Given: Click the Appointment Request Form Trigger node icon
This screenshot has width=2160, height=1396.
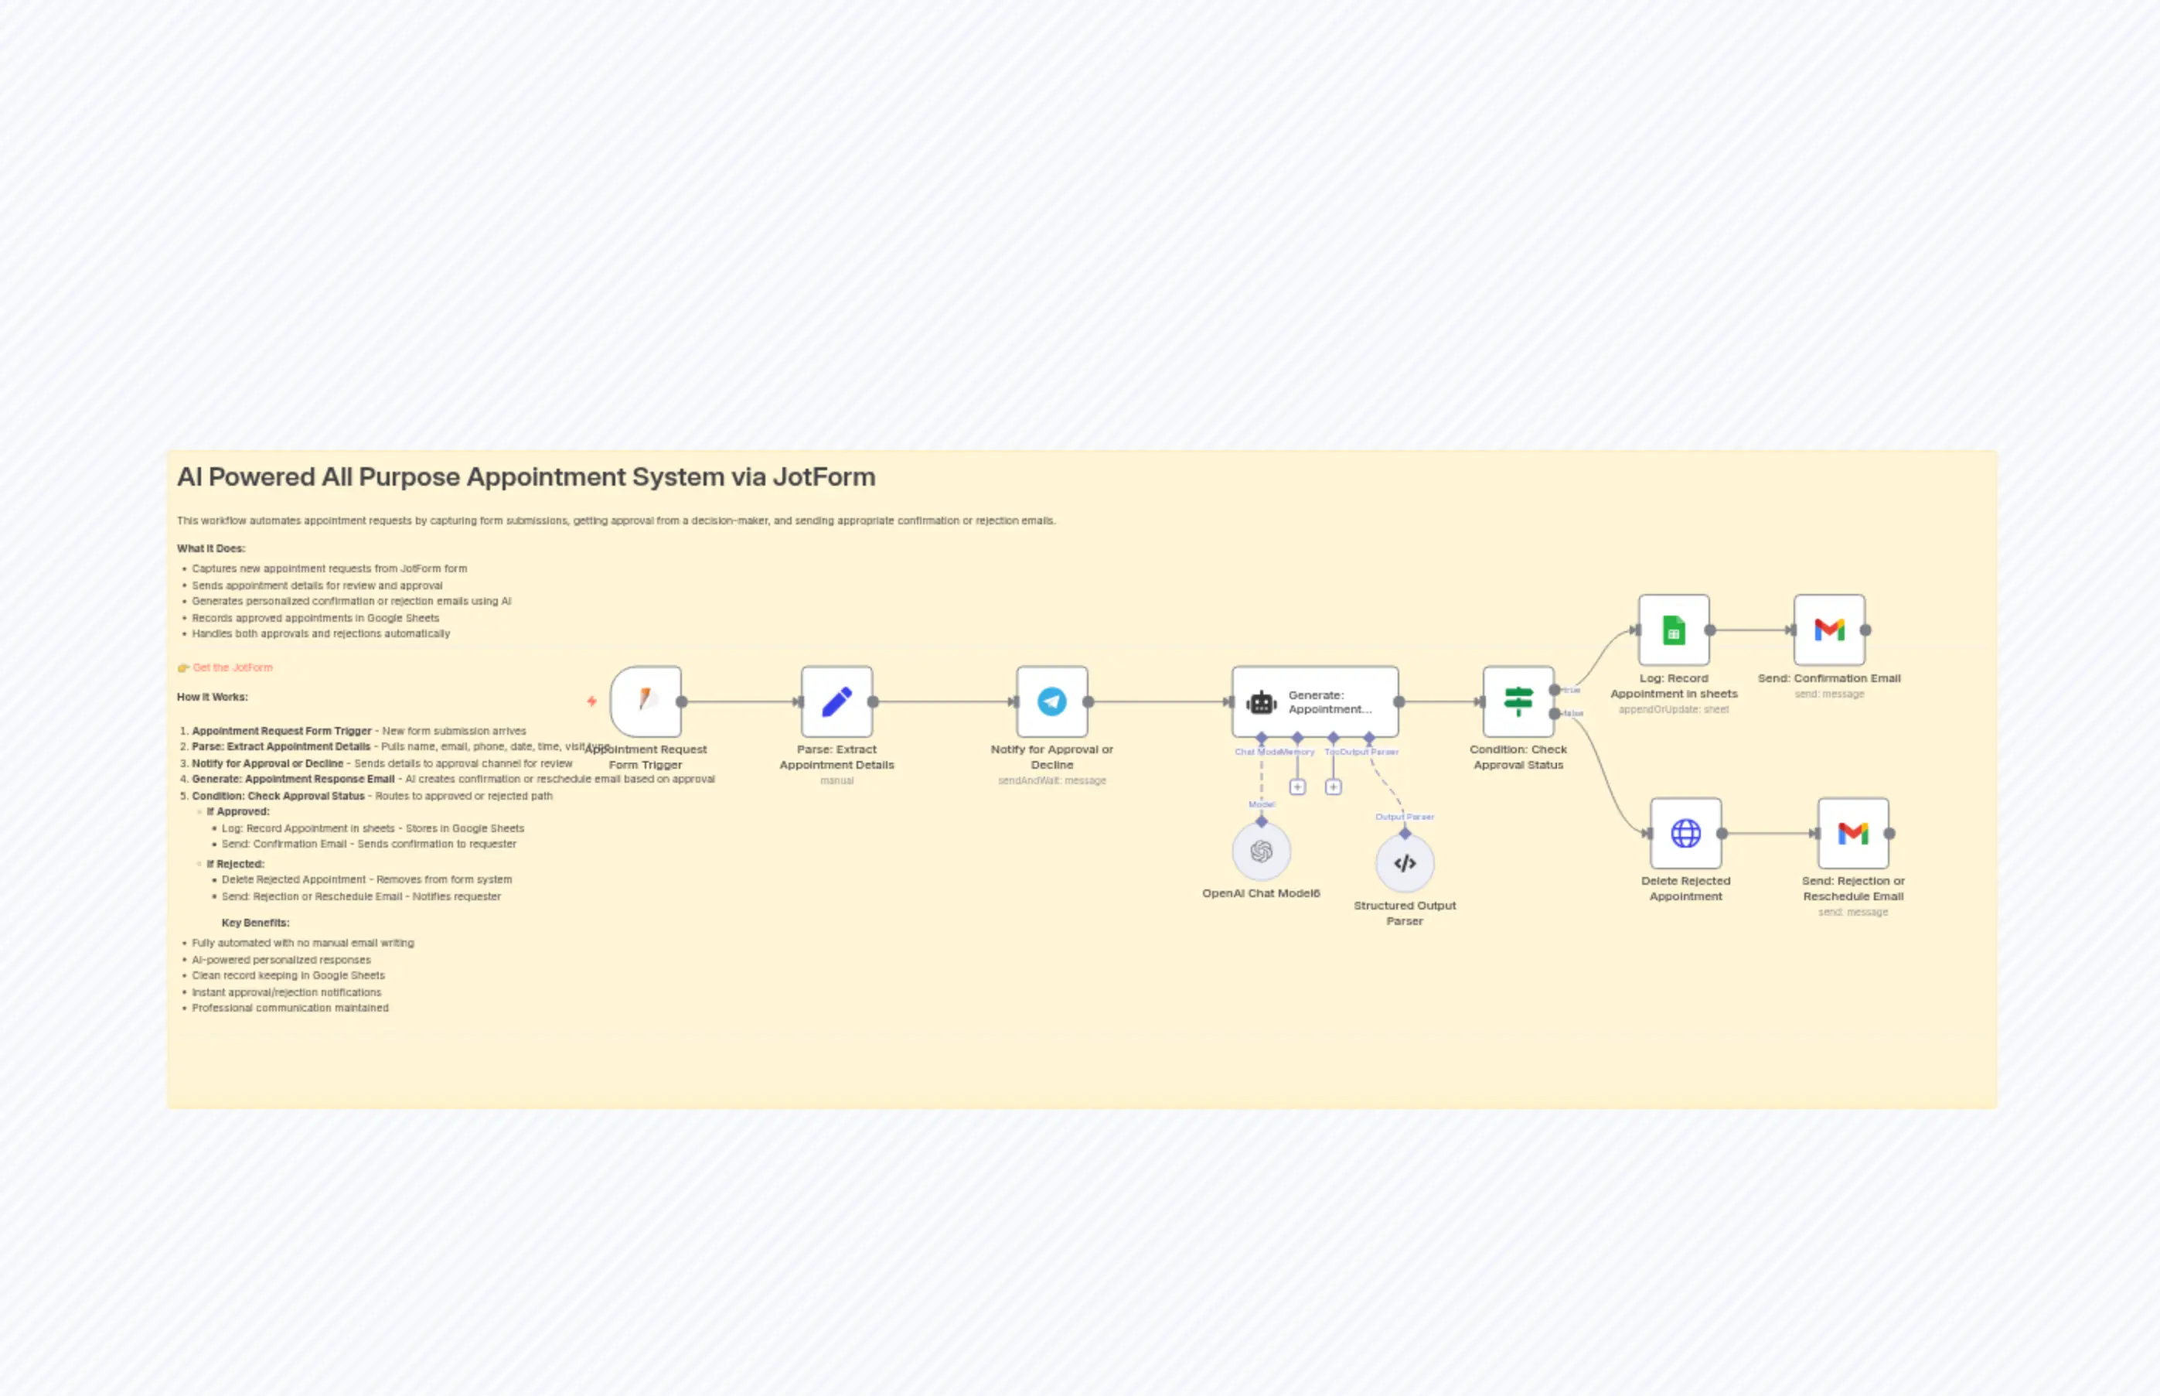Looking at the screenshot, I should [x=646, y=701].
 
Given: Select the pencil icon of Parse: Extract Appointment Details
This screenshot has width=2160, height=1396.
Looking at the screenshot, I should [x=836, y=701].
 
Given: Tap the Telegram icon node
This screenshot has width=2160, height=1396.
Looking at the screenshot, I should [x=1051, y=701].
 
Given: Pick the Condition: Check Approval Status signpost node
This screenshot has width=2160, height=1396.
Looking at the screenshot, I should [x=1518, y=701].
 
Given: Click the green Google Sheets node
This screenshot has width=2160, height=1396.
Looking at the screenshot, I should [x=1674, y=630].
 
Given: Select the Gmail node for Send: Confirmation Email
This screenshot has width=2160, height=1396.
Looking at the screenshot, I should [x=1828, y=630].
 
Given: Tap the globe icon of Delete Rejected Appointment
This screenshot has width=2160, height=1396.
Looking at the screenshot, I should [x=1685, y=833].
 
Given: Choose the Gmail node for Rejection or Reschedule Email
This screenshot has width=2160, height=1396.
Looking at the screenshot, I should [x=1853, y=833].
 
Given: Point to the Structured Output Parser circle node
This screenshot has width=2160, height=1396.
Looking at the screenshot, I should [x=1405, y=863].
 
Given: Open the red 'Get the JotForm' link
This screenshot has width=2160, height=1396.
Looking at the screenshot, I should [x=232, y=667].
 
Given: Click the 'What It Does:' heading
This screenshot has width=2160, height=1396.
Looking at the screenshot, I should [x=211, y=548].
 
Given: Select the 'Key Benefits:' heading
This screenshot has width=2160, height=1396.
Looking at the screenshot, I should [x=255, y=923].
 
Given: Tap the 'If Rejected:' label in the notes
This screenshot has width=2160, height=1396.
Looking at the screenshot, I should [x=235, y=864].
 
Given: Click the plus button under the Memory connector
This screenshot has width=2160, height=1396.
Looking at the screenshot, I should [x=1297, y=787].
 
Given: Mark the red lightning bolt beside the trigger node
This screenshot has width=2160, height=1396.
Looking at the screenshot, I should [x=591, y=701].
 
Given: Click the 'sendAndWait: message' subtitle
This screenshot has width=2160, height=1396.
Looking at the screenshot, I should [x=1051, y=780].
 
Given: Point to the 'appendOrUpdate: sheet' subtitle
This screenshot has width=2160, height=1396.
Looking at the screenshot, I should [x=1674, y=710].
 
